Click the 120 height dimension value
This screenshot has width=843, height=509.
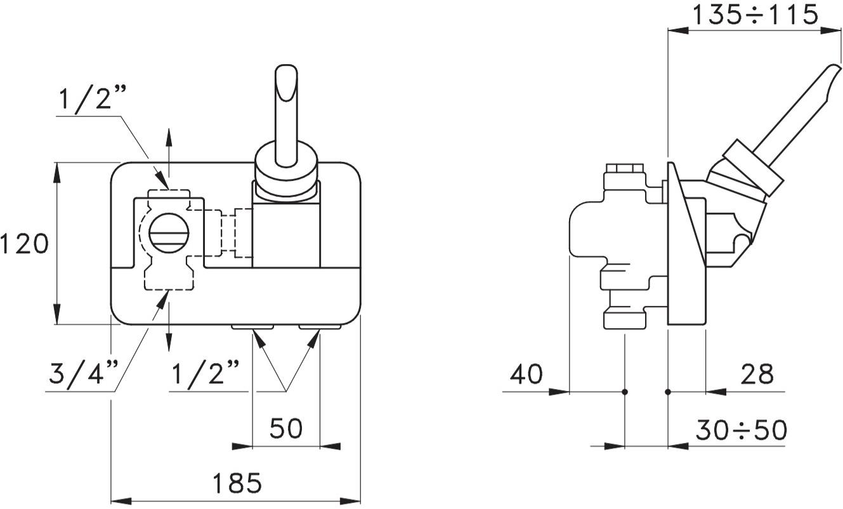coord(24,244)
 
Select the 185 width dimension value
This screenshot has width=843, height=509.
coord(237,484)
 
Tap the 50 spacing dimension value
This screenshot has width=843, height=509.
coord(286,429)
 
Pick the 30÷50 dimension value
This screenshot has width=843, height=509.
coord(740,431)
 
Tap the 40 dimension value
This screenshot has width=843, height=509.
coord(526,374)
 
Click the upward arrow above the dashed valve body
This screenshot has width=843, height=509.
coord(169,135)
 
